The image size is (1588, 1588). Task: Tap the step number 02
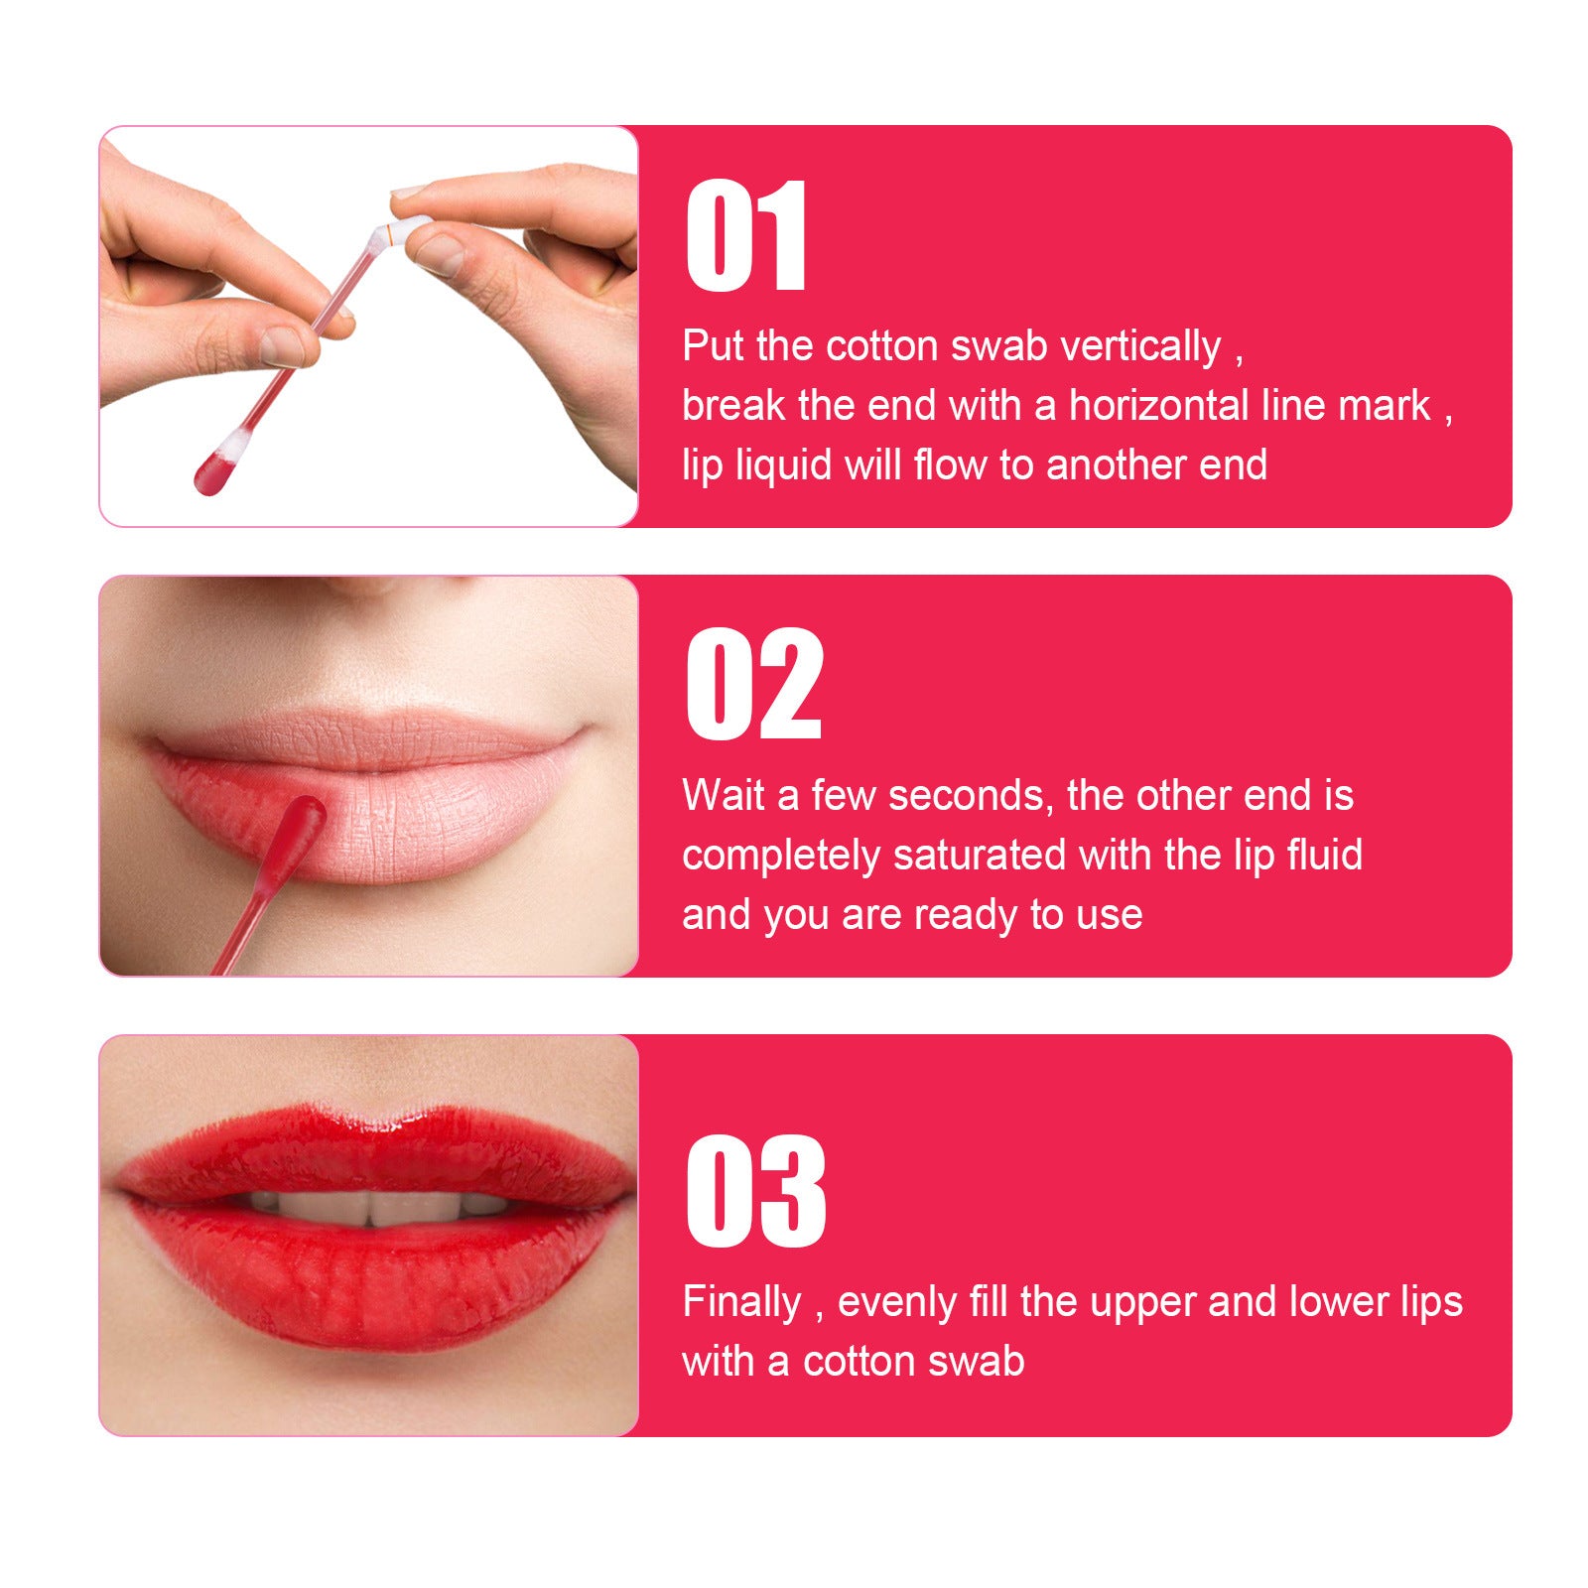pos(754,685)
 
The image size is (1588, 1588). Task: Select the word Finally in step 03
pos(740,1302)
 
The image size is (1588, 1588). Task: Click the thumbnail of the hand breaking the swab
pos(368,327)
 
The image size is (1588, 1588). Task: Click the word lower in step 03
pos(1335,1302)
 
